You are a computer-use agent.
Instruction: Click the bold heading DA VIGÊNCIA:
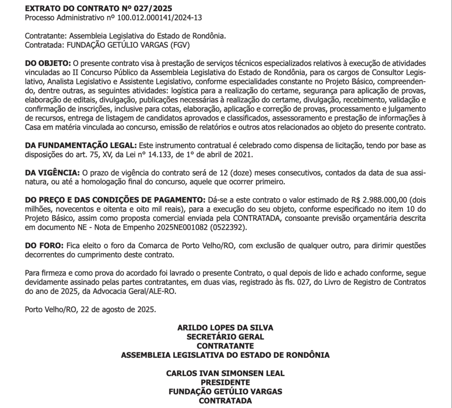[x=53, y=172]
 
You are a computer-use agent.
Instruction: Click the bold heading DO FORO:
[x=45, y=246]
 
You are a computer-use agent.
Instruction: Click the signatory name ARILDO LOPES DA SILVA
[x=225, y=328]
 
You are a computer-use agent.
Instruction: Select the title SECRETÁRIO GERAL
[x=225, y=336]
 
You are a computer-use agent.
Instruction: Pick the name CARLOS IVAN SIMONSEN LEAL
[x=225, y=373]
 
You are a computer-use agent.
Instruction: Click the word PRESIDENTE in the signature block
[x=225, y=382]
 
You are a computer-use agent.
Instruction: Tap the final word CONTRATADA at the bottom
[x=225, y=400]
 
